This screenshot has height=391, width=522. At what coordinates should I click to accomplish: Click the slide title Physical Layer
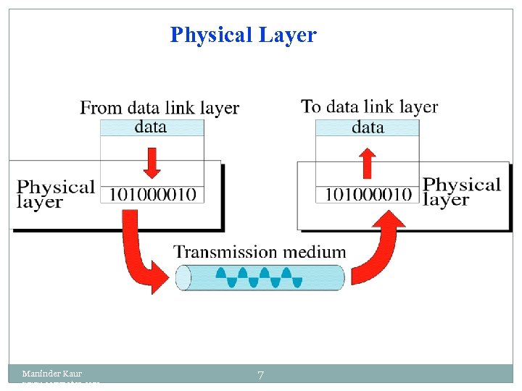coord(243,35)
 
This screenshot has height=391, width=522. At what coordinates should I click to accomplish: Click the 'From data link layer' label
coord(159,109)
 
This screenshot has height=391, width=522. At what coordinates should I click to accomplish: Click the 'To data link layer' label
coord(369,107)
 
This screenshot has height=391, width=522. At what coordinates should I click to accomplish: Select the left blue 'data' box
coord(152,127)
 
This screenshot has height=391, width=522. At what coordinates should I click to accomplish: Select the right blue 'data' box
coord(368,127)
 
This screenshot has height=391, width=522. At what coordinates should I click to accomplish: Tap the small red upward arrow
coord(368,163)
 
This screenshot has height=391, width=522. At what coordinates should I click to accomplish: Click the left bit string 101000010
coord(152,194)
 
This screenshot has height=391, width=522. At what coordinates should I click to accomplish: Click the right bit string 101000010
coord(368,194)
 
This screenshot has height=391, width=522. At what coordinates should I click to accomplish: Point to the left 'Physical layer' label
coord(55,194)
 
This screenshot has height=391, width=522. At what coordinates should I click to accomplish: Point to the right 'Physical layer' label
coord(461,192)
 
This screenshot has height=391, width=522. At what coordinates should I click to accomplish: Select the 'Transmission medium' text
coord(260,252)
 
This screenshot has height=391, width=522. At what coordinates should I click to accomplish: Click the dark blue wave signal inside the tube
coord(262,277)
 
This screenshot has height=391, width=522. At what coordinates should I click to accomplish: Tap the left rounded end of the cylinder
coord(183,277)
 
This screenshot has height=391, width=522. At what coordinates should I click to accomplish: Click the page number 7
coord(260,375)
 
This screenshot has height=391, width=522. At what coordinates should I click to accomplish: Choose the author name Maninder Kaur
coord(52,374)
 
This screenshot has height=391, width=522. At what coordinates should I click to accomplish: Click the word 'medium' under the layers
coord(315,252)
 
